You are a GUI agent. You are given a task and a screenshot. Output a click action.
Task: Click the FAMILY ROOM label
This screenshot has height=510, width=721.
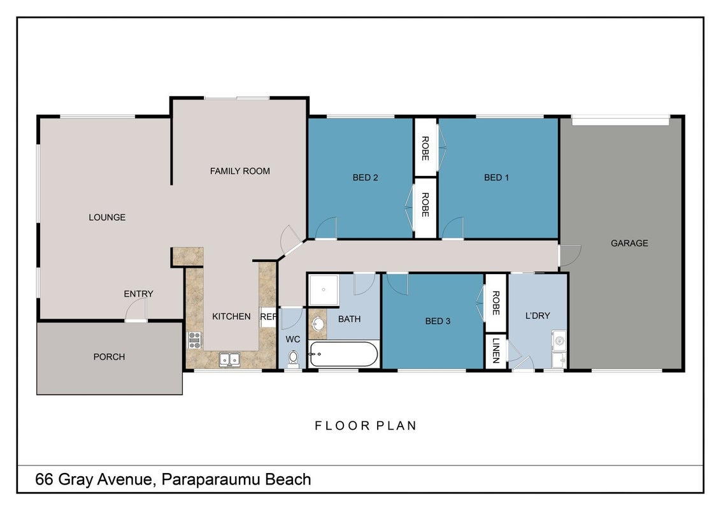point(239,171)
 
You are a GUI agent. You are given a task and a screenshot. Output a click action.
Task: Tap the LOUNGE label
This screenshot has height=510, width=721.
point(107,217)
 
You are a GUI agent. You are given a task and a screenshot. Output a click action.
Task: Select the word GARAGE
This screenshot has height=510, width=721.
point(629,243)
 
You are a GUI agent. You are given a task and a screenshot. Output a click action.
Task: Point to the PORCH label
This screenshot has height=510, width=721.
point(109,357)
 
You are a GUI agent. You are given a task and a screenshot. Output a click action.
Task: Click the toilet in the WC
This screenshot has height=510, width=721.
point(293,358)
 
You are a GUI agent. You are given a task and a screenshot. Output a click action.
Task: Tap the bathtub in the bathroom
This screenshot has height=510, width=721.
point(344,354)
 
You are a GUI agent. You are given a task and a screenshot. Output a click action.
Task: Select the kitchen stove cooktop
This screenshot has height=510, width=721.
point(194,340)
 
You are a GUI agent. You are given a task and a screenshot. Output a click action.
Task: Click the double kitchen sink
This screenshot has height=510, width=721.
point(229,359)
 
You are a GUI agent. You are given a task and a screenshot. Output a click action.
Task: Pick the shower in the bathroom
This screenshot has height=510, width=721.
point(324,290)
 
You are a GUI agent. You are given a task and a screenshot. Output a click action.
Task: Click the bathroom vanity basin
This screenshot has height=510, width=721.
point(317,324)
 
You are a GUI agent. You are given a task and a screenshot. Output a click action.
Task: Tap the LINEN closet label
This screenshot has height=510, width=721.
point(496,351)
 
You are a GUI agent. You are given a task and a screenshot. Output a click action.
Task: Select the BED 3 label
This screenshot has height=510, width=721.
point(438,321)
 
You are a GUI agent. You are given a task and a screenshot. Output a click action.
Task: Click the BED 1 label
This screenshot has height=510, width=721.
point(496,178)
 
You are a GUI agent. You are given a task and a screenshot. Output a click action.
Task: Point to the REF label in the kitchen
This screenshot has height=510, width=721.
point(268,317)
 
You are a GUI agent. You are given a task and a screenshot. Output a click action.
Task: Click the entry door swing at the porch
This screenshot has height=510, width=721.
point(136,309)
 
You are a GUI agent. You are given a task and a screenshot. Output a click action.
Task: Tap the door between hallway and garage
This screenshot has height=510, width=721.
point(570,256)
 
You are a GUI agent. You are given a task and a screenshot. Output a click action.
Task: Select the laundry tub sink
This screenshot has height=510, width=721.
point(559,340)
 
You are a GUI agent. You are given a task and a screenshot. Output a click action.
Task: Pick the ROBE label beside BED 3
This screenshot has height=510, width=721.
point(496,303)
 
